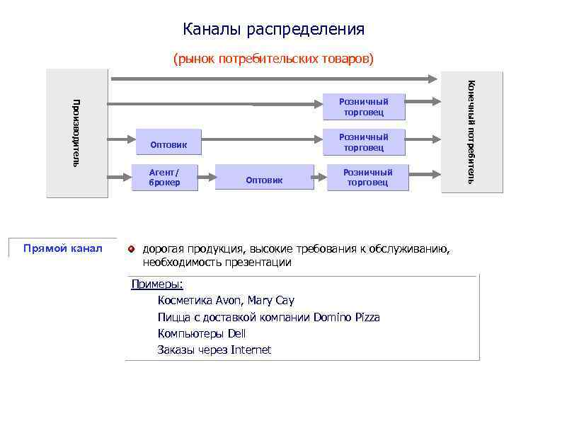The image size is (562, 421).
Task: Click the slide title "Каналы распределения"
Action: pos(273,29)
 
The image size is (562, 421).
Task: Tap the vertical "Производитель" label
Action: pos(76,132)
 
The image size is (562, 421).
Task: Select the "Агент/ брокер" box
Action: pos(164,177)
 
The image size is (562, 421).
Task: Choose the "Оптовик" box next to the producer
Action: pos(168,145)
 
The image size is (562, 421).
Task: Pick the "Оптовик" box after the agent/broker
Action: pos(264,180)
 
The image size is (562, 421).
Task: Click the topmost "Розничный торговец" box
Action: pos(364,106)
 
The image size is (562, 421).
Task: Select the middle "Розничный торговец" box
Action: pos(364,142)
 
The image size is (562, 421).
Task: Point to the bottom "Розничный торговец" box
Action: pos(367,177)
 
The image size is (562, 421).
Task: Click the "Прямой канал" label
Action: pos(62,248)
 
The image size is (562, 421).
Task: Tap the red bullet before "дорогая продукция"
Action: pos(131,249)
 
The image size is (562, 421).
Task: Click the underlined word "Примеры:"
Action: pos(157,284)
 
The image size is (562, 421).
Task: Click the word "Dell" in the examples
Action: pos(237,333)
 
